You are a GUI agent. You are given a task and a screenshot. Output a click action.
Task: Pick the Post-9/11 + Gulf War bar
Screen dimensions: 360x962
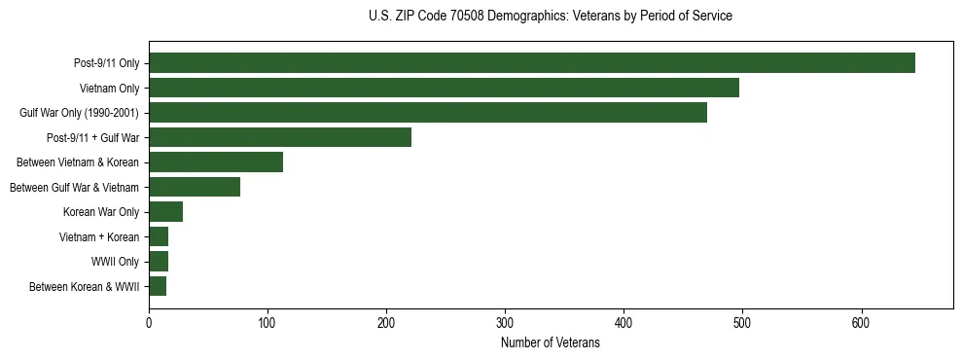point(280,137)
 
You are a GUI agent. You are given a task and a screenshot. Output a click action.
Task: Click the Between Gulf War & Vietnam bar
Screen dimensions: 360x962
point(195,187)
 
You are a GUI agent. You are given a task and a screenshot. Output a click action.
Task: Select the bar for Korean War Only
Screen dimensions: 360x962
point(166,212)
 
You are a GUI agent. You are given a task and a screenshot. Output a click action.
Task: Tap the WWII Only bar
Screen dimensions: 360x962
point(159,261)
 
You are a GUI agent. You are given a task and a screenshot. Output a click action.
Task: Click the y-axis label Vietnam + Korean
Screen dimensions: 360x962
point(99,236)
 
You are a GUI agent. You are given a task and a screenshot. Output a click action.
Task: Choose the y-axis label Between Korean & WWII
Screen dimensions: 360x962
point(85,286)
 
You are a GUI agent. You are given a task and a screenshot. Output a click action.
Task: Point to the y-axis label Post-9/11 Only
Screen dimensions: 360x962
point(107,63)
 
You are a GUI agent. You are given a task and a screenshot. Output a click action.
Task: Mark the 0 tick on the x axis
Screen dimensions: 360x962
point(149,322)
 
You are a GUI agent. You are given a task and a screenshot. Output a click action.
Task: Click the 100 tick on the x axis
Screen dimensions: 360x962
point(267,322)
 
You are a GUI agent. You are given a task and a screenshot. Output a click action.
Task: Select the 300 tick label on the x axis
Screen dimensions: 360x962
point(505,322)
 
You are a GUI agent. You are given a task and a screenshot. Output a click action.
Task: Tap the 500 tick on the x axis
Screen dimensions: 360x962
point(742,322)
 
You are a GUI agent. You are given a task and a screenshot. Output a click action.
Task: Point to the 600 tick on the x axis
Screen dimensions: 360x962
point(861,322)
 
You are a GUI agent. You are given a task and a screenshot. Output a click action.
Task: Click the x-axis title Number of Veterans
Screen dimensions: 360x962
point(551,342)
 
